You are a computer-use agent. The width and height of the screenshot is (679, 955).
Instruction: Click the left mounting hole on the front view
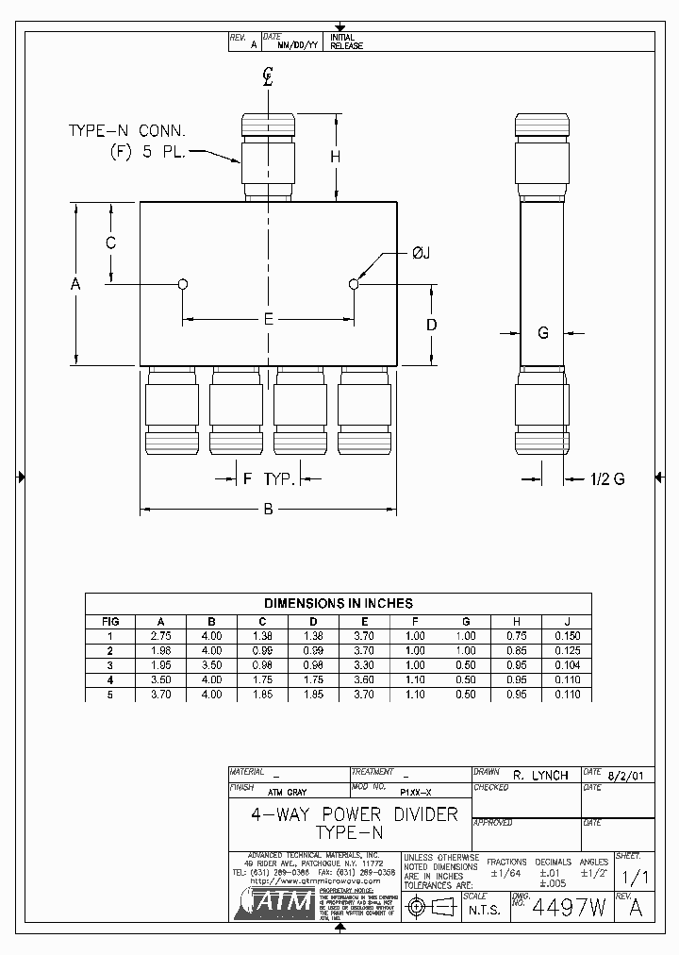[183, 284]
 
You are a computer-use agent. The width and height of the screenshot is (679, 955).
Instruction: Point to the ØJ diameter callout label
[421, 252]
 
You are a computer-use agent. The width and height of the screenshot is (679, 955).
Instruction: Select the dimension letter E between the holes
[269, 319]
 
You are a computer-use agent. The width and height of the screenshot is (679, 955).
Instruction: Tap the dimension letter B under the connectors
[268, 510]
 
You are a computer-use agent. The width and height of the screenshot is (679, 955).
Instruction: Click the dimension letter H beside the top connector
[335, 158]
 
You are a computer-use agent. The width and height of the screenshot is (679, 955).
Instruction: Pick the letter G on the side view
[542, 332]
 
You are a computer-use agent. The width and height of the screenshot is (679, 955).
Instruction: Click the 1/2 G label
[607, 479]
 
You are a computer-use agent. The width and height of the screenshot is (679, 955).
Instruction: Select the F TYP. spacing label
[270, 479]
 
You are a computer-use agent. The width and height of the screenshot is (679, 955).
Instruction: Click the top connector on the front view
[269, 156]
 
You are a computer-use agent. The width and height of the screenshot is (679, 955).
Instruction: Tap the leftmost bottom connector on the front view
[172, 412]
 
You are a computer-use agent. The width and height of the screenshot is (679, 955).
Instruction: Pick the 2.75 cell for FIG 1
[160, 636]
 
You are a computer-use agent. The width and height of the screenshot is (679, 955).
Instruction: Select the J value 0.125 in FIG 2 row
[566, 651]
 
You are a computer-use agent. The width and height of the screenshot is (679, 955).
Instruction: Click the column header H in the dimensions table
[516, 622]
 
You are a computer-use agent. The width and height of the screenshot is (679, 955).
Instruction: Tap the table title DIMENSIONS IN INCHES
[338, 603]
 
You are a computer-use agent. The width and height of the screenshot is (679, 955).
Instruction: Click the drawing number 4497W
[569, 907]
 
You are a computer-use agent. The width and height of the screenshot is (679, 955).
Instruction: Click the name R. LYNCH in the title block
[540, 775]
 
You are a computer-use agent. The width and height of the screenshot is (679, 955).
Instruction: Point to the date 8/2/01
[626, 775]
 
